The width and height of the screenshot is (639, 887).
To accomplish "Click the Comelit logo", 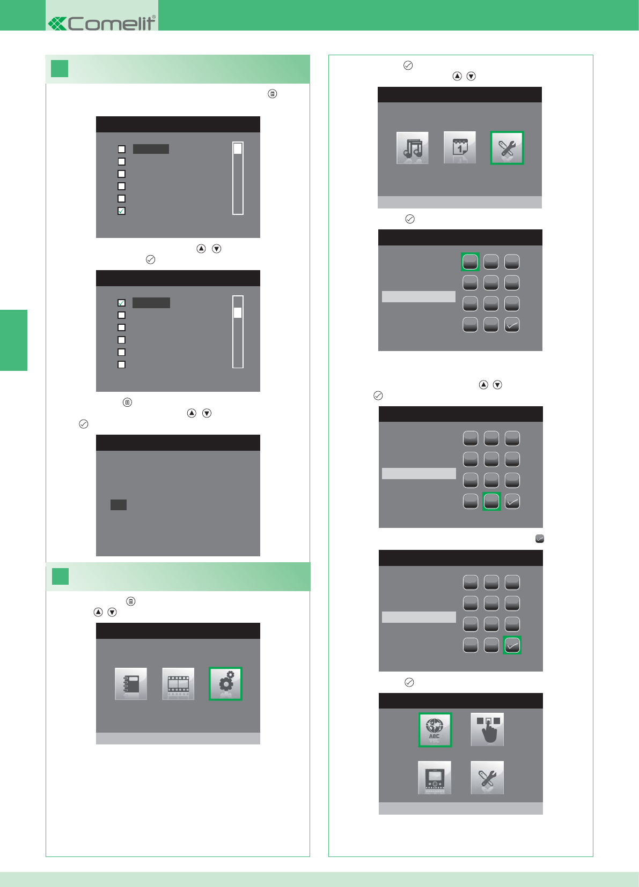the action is click(x=102, y=24).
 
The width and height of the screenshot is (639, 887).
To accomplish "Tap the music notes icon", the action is click(x=412, y=148).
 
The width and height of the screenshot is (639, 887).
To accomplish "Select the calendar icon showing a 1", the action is click(x=460, y=148).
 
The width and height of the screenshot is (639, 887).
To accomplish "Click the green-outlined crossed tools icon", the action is click(x=507, y=148).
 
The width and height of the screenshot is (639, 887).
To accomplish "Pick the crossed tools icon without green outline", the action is click(x=487, y=777).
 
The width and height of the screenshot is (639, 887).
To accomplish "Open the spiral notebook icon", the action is click(x=131, y=684).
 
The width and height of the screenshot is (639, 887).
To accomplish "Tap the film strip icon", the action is click(x=178, y=684).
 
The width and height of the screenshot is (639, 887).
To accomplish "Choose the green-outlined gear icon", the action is click(x=225, y=684).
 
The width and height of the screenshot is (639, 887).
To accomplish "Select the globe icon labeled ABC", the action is click(x=435, y=730).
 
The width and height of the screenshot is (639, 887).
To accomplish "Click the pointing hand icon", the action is click(x=487, y=729).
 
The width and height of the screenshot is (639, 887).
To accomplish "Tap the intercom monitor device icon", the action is click(x=435, y=777).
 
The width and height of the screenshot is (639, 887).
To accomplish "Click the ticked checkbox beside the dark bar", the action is click(x=122, y=303).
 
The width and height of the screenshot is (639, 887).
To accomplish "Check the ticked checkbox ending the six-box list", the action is click(x=122, y=211).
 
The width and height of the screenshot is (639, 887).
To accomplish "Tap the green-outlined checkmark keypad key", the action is click(x=512, y=645).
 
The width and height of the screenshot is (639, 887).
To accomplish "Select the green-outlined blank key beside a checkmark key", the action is click(x=491, y=501).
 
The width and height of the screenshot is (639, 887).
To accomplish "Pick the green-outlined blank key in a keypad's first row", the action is click(x=470, y=262).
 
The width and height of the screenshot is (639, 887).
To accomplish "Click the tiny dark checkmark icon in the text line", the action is click(x=540, y=539).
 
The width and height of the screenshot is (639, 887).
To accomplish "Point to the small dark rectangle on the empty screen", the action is click(x=119, y=505).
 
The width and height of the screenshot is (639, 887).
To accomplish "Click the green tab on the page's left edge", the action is click(x=13, y=340).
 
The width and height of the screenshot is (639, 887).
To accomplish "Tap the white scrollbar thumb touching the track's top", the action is click(x=238, y=148).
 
